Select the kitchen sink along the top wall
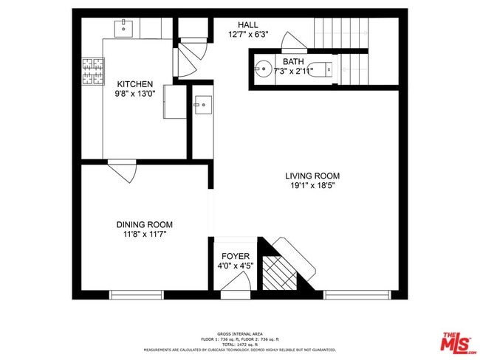(x=124, y=29)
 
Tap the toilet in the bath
(x=322, y=71)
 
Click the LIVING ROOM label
(x=312, y=176)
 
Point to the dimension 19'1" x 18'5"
(x=312, y=186)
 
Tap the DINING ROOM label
(x=144, y=224)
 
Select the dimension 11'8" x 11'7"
(x=144, y=235)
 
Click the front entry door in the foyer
(x=235, y=293)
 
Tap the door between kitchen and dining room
(x=123, y=171)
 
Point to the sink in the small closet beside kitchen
(x=202, y=104)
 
